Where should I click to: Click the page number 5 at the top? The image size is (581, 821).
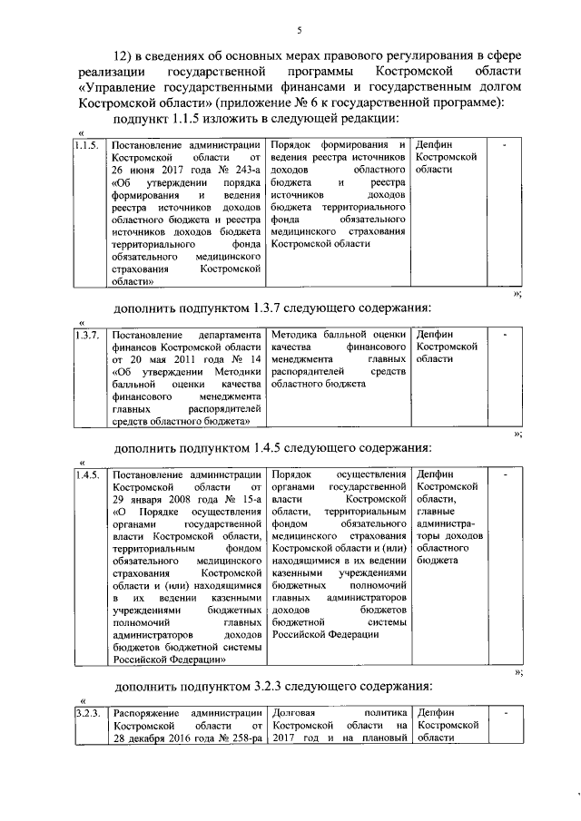(299, 30)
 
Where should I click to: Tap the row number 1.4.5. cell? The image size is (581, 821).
(87, 474)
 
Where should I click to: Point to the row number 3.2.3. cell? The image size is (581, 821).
(89, 713)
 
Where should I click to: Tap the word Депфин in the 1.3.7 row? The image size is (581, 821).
(433, 335)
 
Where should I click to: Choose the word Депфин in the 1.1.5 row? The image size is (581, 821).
(433, 145)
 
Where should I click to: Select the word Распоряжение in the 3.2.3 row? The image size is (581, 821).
(146, 713)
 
